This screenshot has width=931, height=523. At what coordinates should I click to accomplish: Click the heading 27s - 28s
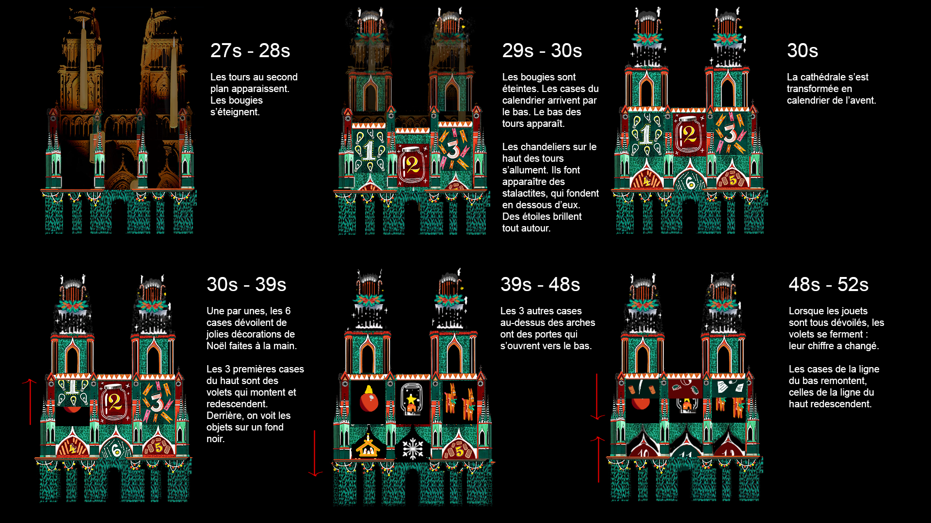point(250,51)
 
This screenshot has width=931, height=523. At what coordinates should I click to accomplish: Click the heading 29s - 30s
point(542,51)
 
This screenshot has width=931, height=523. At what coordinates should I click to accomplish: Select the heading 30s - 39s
point(246,285)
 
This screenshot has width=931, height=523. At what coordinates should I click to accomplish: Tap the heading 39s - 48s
point(540,285)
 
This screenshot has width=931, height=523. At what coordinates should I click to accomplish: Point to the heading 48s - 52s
point(828,285)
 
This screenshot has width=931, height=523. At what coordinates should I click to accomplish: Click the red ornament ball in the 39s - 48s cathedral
point(369,401)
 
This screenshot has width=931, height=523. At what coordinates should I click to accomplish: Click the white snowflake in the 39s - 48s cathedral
point(413,448)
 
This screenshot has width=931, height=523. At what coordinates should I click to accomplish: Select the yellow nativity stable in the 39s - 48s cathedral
point(368,446)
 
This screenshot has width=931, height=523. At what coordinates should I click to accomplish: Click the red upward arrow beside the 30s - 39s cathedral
point(30,402)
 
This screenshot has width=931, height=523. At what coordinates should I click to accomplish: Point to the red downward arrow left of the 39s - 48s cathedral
point(315,453)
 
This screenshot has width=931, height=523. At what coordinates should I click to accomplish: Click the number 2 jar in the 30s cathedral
point(688,135)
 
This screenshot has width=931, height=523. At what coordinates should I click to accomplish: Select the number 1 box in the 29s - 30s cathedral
point(369,151)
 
